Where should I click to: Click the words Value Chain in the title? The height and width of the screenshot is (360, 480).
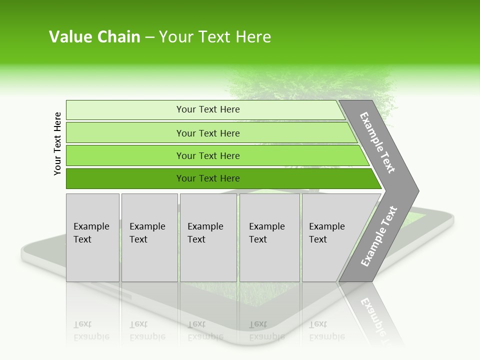coord(94,37)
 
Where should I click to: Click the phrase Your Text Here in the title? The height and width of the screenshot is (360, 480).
coord(215,37)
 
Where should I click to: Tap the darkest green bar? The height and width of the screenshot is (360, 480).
coord(125,178)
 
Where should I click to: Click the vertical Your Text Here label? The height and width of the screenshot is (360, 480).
coord(57,143)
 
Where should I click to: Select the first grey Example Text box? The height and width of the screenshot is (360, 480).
coord(92,237)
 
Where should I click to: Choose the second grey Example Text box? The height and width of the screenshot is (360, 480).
coord(149,237)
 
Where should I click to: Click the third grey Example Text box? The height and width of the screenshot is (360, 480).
coord(208,237)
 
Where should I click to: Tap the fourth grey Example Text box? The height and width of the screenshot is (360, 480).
coord(269,237)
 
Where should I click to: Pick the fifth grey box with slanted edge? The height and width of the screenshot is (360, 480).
coord(330,237)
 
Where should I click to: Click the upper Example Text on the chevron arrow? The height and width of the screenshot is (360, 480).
coord(377,142)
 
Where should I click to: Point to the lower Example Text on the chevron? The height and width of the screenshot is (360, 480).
coord(378,236)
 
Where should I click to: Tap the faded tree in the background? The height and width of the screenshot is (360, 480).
coord(310,85)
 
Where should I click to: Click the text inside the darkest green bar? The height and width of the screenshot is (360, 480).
coord(208,178)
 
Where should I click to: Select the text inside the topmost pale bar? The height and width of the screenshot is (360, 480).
coord(208,109)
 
